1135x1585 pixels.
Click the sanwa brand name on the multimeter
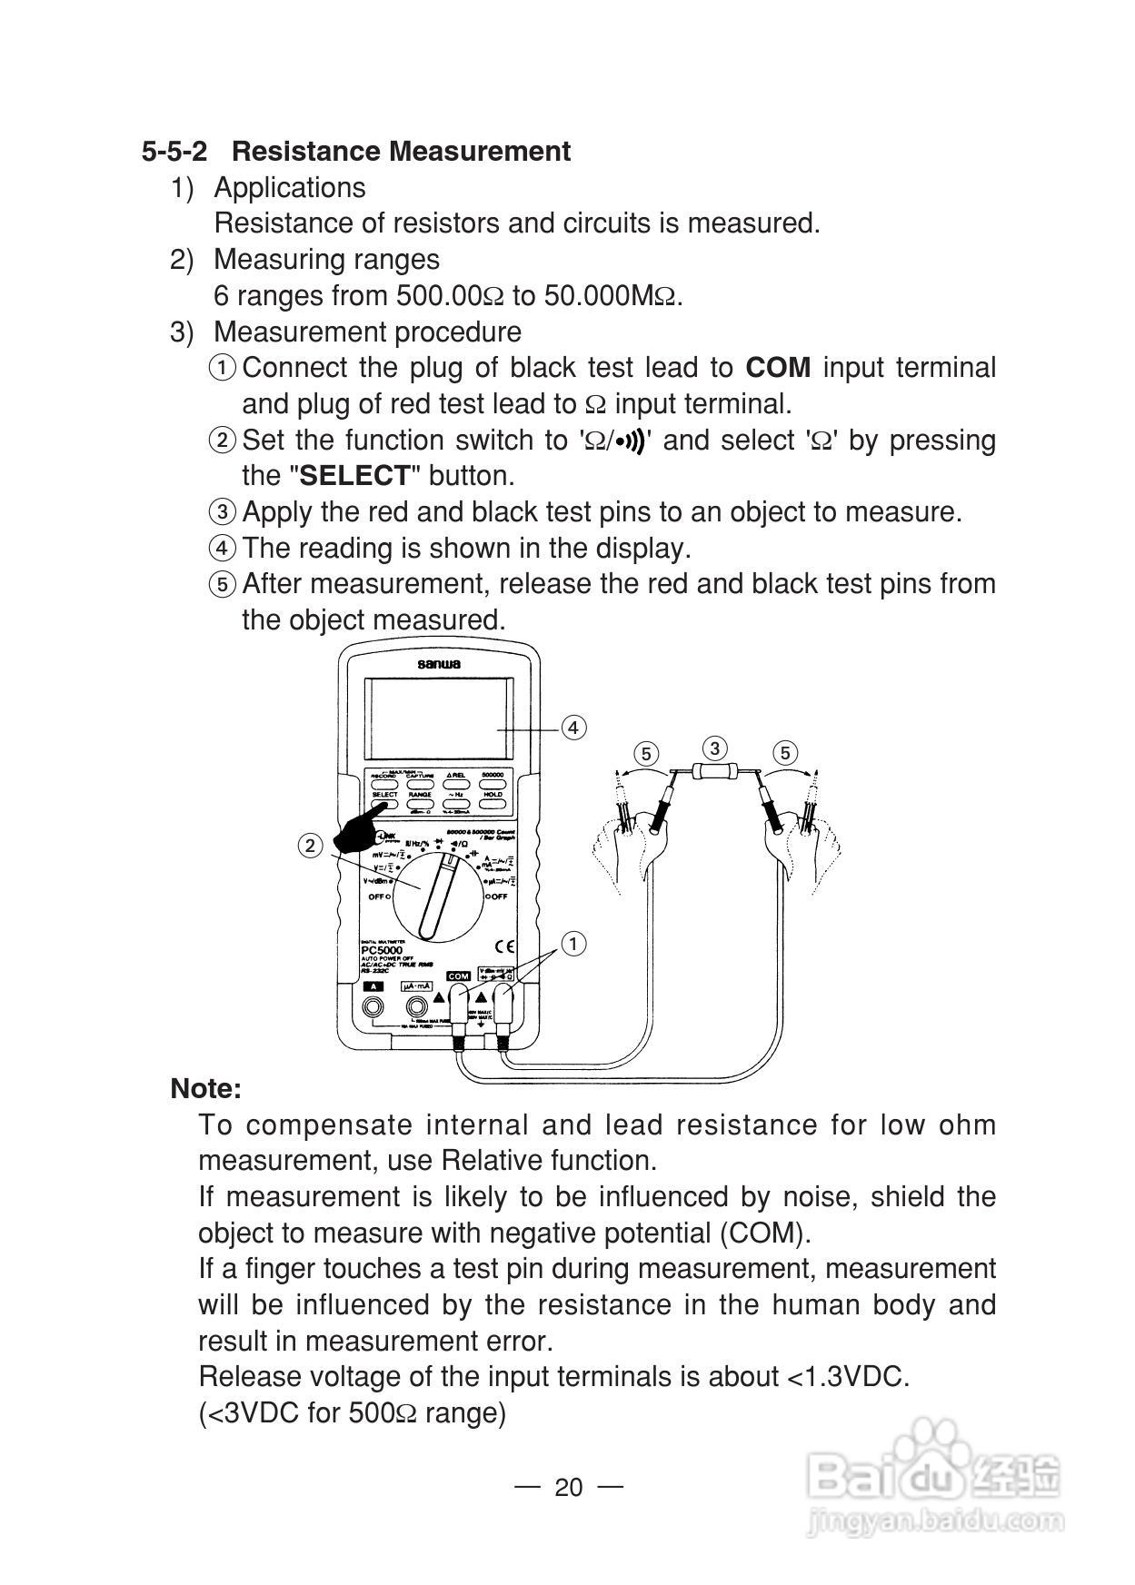439,664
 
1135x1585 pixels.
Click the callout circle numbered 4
573,728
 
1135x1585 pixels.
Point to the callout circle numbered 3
715,748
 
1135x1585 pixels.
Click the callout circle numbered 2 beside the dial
311,846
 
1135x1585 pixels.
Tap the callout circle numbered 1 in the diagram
573,944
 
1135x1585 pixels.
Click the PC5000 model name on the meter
382,950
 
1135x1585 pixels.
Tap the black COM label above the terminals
458,976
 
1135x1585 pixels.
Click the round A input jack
373,1006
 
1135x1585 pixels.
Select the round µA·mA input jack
417,1006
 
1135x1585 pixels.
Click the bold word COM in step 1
778,368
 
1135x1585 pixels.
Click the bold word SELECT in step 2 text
355,476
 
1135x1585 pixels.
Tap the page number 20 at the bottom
568,1487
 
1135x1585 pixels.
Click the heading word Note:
206,1088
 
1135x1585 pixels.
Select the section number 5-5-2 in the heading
174,151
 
